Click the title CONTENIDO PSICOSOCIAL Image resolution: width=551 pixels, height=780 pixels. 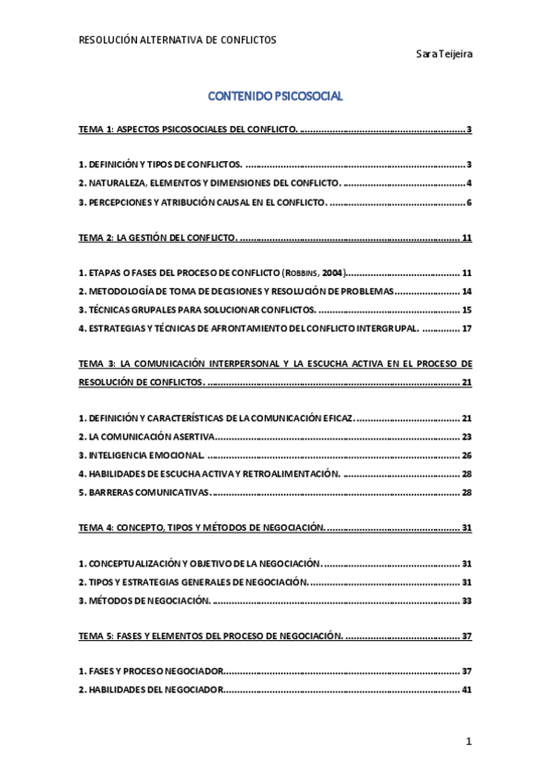[x=275, y=96]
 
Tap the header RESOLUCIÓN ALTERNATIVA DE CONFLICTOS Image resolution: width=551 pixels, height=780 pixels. [x=178, y=40]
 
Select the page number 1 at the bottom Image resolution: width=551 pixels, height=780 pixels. [x=468, y=741]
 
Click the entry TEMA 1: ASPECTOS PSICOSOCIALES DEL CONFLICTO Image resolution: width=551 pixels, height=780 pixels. [x=188, y=130]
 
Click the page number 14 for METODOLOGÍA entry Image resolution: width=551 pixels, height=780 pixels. [x=466, y=292]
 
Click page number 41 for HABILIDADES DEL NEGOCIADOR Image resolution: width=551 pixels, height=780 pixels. [x=466, y=690]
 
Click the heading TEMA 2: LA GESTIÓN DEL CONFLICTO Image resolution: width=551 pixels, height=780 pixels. [x=157, y=238]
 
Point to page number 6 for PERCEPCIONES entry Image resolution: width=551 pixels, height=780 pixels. [x=468, y=202]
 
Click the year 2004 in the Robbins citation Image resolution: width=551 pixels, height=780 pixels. [x=333, y=274]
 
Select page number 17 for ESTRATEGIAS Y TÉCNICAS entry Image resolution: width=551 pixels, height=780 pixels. [x=466, y=328]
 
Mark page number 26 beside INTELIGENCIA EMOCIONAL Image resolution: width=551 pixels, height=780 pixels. [x=466, y=455]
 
